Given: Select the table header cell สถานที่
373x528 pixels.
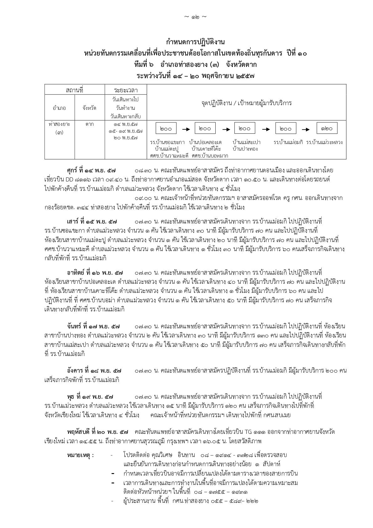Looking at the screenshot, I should click(75, 90).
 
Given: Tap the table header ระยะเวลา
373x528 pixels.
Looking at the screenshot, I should click(126, 90).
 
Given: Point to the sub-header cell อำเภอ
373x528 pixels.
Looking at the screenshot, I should click(60, 108).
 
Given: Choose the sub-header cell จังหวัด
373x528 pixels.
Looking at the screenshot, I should click(90, 108).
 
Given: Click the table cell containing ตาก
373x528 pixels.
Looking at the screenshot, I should click(90, 124).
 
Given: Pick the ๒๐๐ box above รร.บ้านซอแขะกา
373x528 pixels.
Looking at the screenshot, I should click(166, 128).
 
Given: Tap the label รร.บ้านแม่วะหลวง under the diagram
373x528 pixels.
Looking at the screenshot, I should click(324, 142).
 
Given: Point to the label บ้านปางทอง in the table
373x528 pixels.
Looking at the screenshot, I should click(245, 149).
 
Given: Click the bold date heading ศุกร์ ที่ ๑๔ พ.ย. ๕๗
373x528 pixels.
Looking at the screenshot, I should click(91, 170).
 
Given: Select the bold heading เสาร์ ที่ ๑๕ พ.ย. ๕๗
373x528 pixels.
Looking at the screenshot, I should click(91, 221).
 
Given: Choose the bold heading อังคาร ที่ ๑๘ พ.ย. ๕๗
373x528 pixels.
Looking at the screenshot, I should click(94, 371).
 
